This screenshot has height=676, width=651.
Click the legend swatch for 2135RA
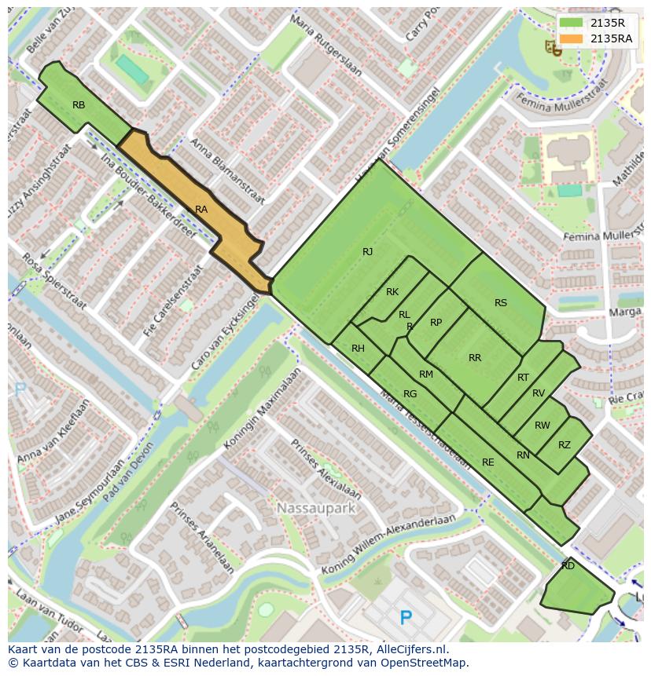pyautogui.click(x=572, y=38)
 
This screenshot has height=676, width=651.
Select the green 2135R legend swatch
pyautogui.click(x=572, y=23)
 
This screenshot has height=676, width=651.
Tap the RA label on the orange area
pyautogui.click(x=201, y=210)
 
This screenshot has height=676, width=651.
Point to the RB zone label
pyautogui.click(x=79, y=105)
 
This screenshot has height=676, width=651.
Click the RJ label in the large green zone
pyautogui.click(x=367, y=252)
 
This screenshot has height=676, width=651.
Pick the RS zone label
pyautogui.click(x=501, y=303)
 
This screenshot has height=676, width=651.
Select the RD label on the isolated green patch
pyautogui.click(x=568, y=565)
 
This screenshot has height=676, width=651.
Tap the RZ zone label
pyautogui.click(x=564, y=445)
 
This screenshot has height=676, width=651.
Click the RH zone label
pyautogui.click(x=358, y=349)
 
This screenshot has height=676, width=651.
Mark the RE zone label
pyautogui.click(x=487, y=462)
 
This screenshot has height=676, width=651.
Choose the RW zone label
pyautogui.click(x=542, y=426)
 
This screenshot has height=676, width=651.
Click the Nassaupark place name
pyautogui.click(x=316, y=509)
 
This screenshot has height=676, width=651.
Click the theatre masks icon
pyautogui.click(x=553, y=49)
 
